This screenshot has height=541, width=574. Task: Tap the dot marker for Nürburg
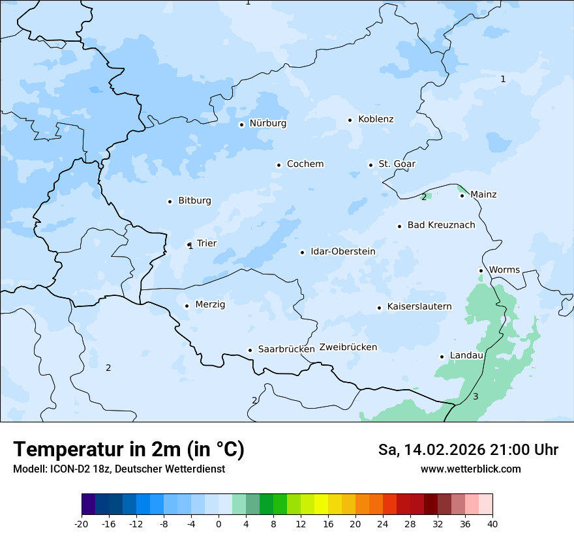241,124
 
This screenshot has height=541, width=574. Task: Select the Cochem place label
305,164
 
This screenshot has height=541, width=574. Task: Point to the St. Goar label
397,164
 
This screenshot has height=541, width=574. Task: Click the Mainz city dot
462,196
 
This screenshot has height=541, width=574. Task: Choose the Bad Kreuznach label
441,226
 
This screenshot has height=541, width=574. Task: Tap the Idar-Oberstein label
342,252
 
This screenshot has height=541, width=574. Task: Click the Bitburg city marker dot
170,201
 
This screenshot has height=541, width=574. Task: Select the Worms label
504,270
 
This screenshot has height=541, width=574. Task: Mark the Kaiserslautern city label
419,306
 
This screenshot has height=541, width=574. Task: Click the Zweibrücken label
348,347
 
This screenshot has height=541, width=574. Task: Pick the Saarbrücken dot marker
250,350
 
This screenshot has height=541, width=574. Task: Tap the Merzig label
210,304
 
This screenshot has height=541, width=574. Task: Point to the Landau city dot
442,357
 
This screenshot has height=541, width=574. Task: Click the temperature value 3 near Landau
476,397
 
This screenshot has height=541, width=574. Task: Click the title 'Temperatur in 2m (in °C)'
128,449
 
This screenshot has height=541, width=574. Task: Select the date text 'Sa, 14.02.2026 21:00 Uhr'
468,450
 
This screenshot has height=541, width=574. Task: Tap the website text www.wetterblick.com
470,469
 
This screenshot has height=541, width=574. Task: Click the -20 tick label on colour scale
81,524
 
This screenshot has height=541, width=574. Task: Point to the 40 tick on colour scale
492,524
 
